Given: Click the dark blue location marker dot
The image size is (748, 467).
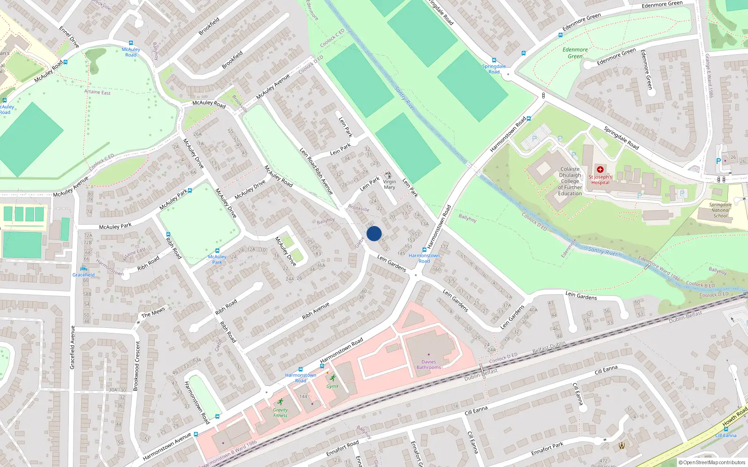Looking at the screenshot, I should pos(374,233).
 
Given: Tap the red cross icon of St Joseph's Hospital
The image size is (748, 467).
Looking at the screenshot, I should pos(600,170).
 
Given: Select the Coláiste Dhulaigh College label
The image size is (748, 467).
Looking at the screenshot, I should pos(570,181).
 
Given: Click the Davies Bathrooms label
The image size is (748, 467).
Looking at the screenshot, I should pos(429,365).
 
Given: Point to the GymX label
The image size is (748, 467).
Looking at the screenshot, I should pos(332,386).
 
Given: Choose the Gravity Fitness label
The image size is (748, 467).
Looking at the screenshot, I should pos(280,413).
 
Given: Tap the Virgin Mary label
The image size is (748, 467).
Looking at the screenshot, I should pos(389,184).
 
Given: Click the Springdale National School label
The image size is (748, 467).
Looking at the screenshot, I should pos(720,210).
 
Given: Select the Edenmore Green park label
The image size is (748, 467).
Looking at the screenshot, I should pos(575,53).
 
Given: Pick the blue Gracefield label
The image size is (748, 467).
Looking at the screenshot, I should pos(84,275).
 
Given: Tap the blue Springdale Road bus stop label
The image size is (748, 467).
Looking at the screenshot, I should pos(494,69).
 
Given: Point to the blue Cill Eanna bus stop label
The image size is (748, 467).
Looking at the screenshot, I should pos(726,435).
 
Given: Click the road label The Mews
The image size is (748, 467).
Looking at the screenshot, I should pos(153,312).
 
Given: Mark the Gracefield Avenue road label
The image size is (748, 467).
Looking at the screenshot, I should pos(72,347).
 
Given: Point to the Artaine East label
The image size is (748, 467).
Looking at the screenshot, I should pos(97,92).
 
